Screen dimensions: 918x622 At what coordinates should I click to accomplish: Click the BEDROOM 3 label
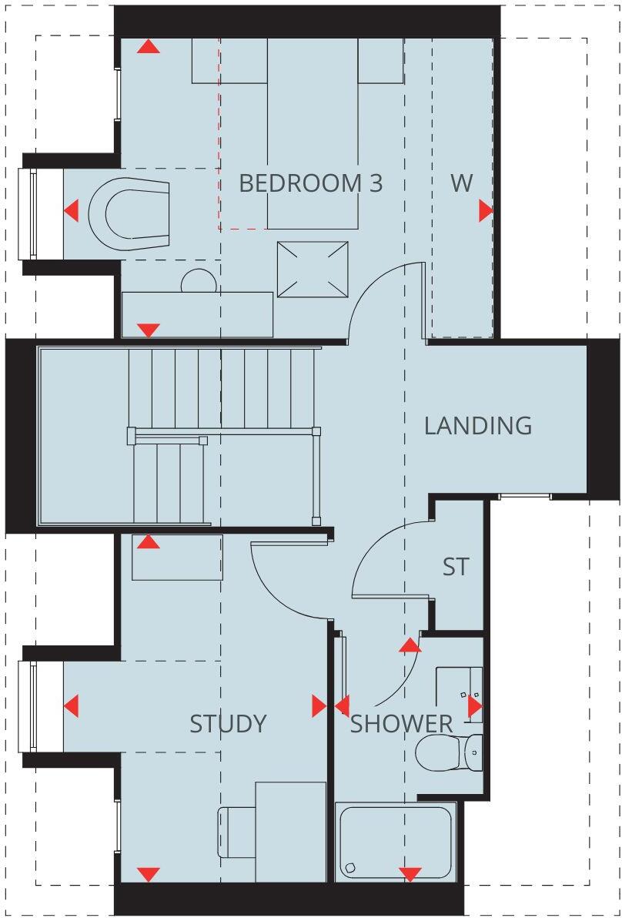coord(310,183)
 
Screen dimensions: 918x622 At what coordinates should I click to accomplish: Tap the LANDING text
coord(477,425)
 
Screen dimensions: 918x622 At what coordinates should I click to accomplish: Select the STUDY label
coord(228,723)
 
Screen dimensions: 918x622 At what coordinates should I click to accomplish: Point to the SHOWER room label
coord(402,723)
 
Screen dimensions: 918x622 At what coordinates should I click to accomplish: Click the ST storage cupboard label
coord(455,567)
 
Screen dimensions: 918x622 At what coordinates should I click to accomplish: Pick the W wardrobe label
coord(461,183)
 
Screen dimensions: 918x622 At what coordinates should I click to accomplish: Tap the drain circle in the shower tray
coord(351,868)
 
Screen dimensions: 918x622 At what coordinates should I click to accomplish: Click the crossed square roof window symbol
coord(312,269)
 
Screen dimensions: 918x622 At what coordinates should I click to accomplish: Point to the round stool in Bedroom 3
coord(196,283)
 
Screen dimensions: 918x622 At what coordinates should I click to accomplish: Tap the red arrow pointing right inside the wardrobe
coord(486,210)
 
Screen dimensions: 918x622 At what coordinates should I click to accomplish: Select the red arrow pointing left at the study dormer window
coord(71,705)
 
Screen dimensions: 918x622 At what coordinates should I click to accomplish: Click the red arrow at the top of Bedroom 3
coord(149,46)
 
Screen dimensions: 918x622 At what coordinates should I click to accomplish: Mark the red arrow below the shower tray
coord(410,874)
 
